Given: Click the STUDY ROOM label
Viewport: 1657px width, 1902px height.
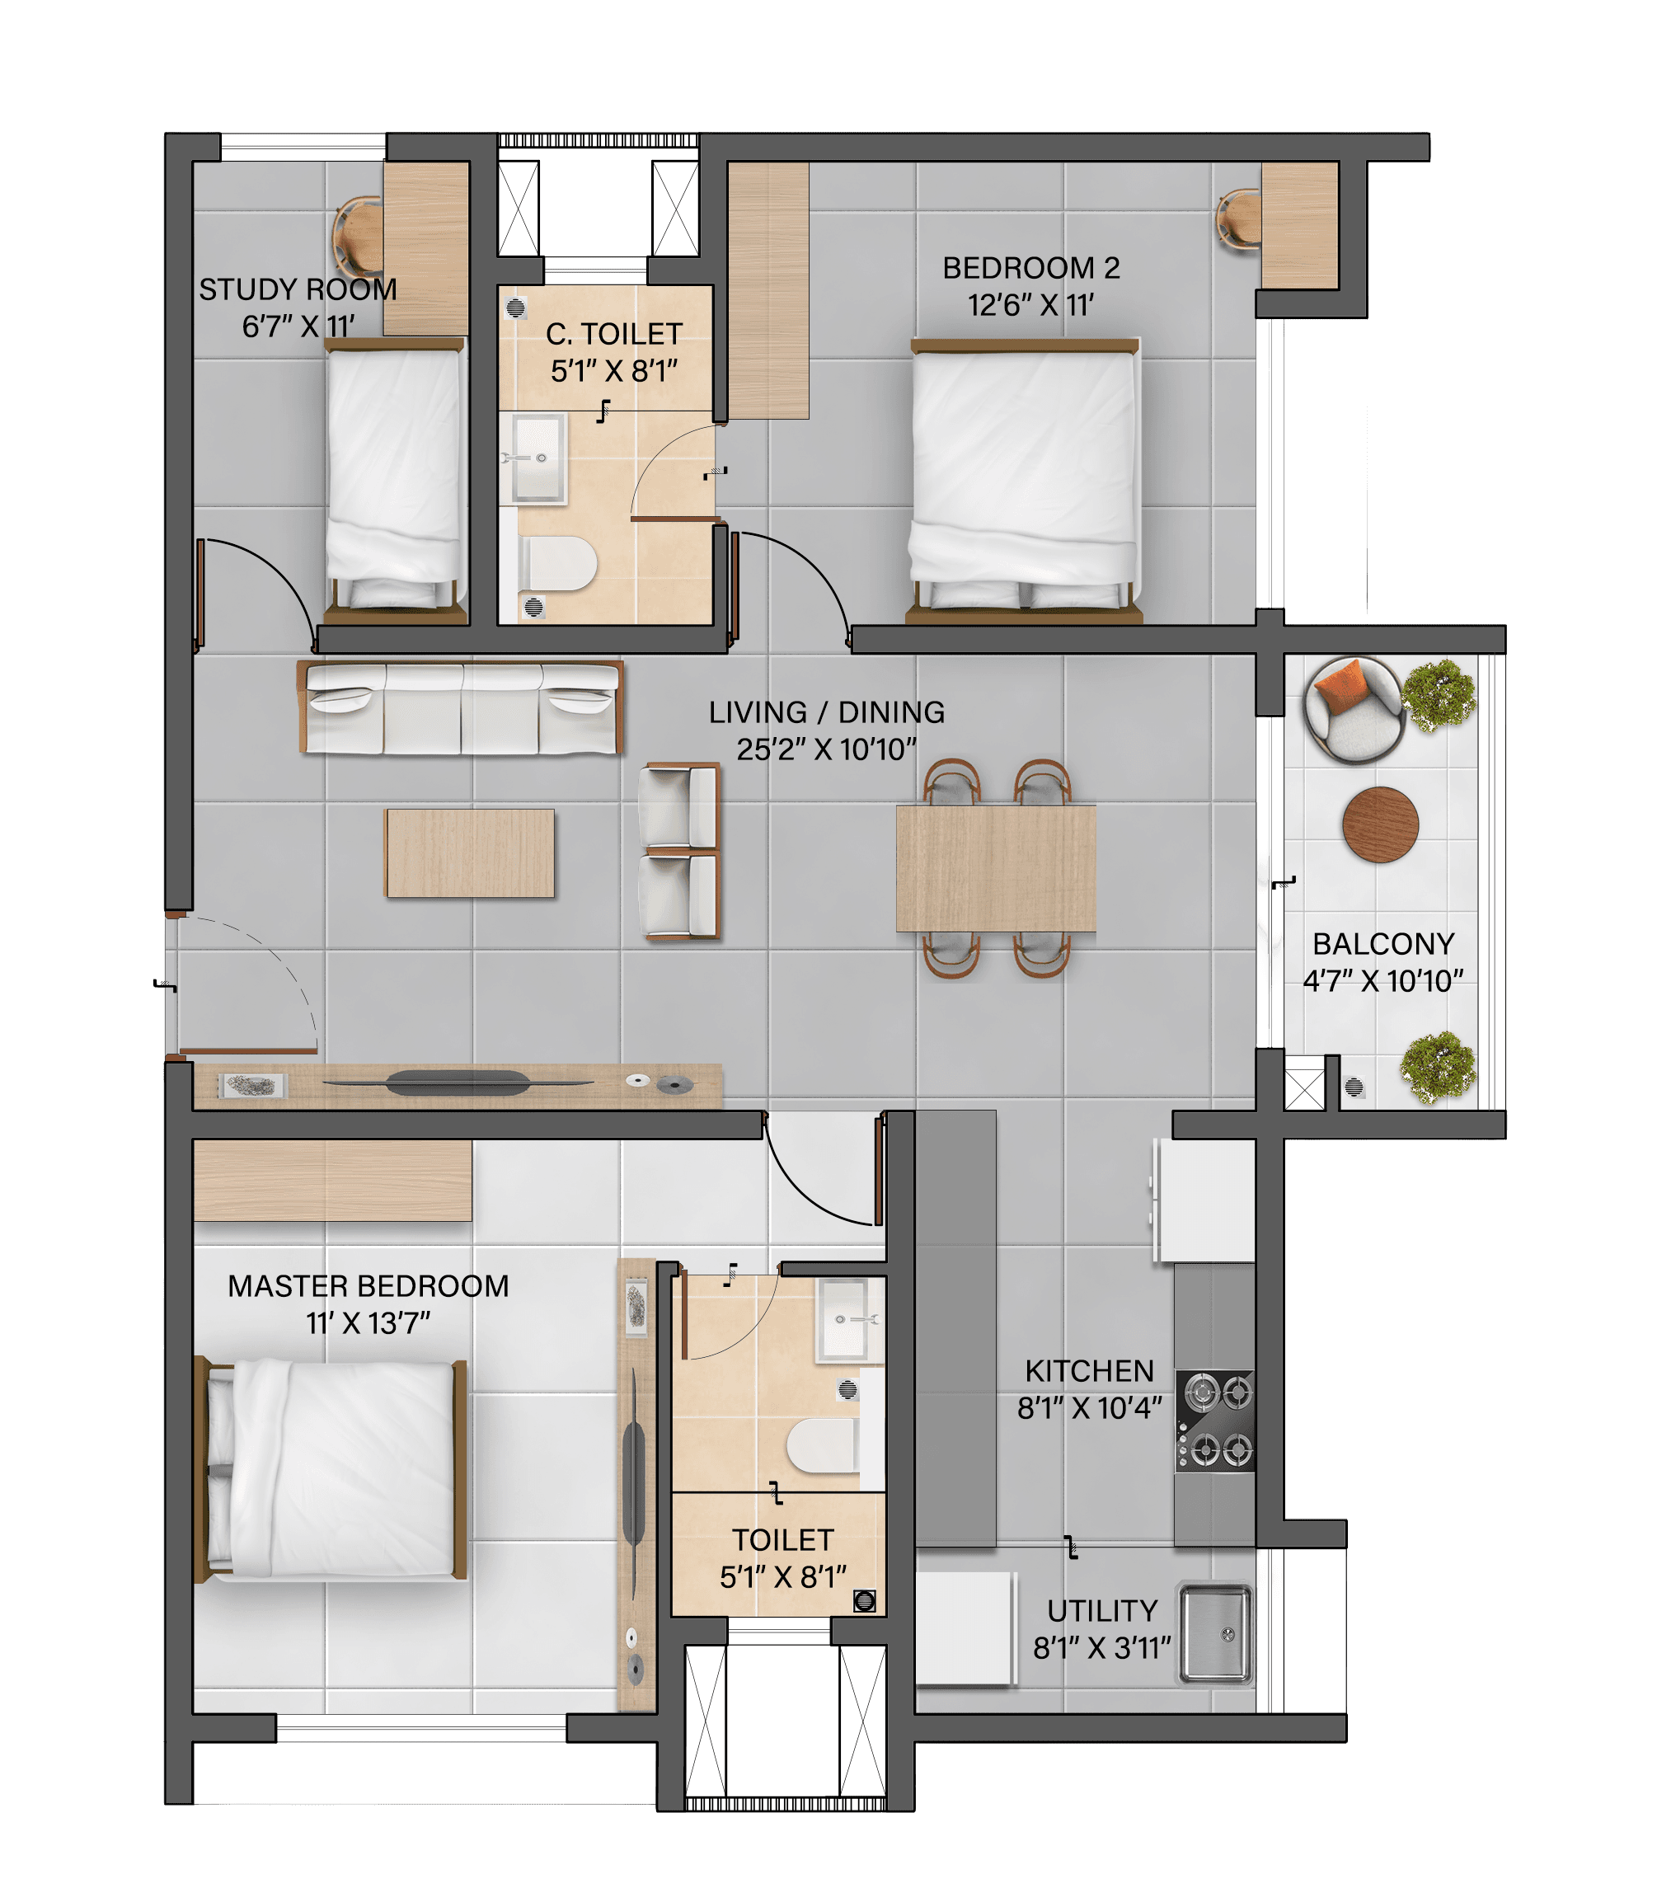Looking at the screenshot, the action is (x=298, y=289).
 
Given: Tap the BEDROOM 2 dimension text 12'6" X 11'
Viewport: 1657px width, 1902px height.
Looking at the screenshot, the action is (x=1031, y=305).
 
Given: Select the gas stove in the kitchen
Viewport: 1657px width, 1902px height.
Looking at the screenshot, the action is (x=1215, y=1421).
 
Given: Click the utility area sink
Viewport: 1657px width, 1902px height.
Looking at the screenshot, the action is (x=1215, y=1634).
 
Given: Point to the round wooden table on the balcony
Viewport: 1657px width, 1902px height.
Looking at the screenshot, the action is (x=1381, y=824).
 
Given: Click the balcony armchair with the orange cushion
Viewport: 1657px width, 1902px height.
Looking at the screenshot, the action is (x=1354, y=709).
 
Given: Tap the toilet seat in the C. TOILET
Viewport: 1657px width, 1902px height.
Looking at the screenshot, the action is (x=556, y=563).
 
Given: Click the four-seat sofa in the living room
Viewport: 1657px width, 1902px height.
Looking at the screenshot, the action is (x=459, y=707).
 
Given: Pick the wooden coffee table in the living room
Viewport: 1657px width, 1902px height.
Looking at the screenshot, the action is (x=470, y=853).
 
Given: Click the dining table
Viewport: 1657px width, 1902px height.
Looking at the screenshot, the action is (x=996, y=868).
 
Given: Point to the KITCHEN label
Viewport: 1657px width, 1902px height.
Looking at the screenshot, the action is (x=1089, y=1370).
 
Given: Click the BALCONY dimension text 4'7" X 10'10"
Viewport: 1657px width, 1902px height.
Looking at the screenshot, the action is (x=1383, y=981).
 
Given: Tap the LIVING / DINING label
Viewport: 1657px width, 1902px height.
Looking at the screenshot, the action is (x=827, y=712).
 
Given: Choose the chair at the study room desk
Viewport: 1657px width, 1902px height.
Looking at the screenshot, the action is (x=358, y=236).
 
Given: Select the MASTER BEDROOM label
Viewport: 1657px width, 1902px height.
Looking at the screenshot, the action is (x=368, y=1286).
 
